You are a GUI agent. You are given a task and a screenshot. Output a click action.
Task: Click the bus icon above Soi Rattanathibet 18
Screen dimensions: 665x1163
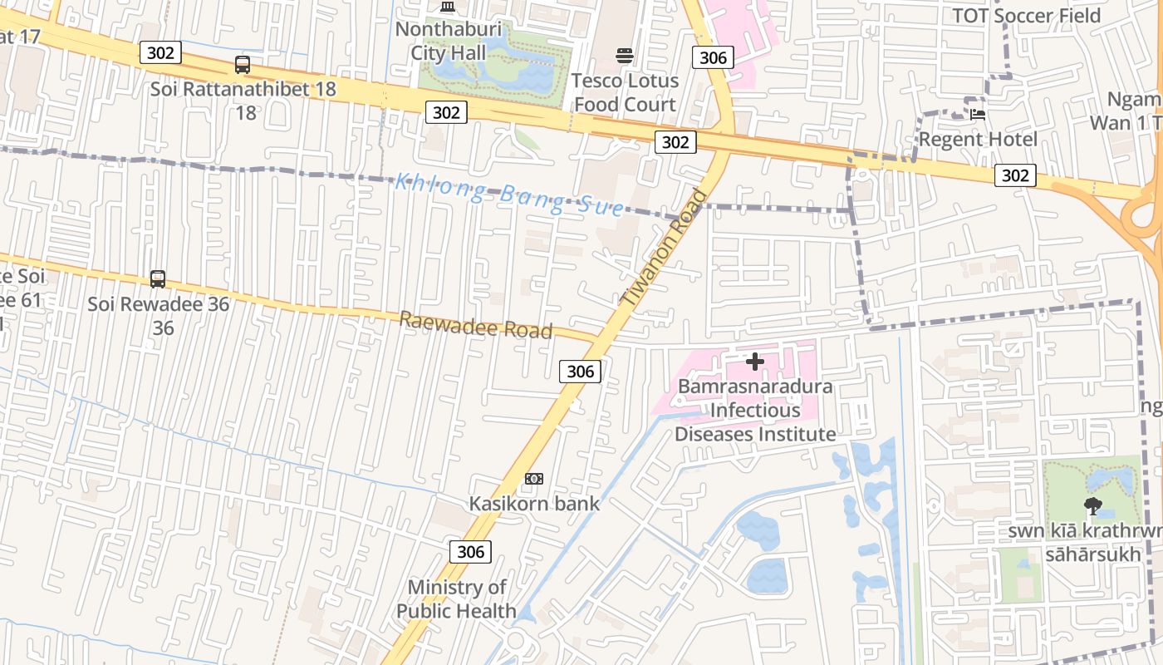(x=243, y=64)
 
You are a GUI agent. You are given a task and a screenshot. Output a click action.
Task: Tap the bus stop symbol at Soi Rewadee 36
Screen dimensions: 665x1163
(x=158, y=279)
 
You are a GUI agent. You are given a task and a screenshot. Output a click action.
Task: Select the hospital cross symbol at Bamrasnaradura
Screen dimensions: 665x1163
(x=755, y=362)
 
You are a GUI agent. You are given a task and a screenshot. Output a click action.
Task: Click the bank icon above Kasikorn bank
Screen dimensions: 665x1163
(x=534, y=479)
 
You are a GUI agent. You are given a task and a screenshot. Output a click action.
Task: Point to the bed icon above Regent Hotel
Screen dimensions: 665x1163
(x=978, y=114)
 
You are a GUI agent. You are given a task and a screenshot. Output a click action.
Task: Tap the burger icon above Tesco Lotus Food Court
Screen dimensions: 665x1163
(x=625, y=56)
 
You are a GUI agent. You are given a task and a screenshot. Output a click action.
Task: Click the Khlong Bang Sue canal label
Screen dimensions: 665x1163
(x=508, y=195)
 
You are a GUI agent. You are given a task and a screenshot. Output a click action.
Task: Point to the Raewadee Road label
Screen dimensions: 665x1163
(x=476, y=325)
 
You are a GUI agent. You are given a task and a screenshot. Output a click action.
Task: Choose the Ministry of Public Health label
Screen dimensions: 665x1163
(x=456, y=599)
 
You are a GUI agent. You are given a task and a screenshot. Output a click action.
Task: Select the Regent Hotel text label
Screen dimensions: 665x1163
(x=978, y=139)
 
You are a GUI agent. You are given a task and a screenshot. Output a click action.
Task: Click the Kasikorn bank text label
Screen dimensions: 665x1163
(x=534, y=503)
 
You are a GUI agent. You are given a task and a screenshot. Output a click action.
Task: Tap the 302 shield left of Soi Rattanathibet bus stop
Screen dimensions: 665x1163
(x=160, y=53)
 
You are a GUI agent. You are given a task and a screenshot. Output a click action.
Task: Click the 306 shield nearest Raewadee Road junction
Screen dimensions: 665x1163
(x=580, y=372)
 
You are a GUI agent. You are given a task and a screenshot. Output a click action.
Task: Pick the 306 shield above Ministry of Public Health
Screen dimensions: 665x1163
(x=470, y=551)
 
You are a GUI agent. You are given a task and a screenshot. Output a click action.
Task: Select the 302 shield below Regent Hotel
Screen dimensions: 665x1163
(x=1015, y=175)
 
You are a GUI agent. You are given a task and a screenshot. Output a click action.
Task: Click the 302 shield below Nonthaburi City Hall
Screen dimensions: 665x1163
(x=446, y=112)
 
